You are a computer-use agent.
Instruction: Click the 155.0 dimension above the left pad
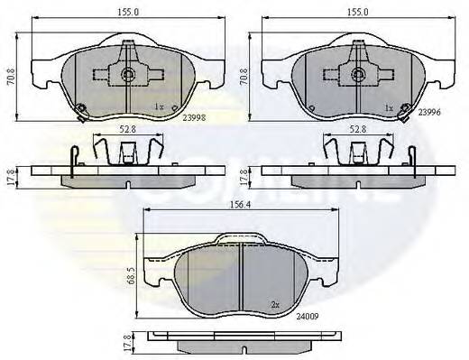coord(114,14)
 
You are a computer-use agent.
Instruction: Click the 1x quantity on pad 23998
coord(160,107)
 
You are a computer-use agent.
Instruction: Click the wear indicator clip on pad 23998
coord(80,111)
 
